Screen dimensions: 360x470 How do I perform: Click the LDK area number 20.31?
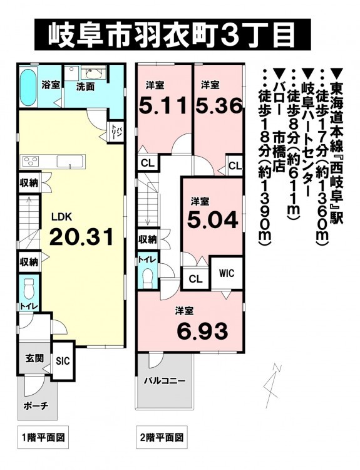click(81, 236)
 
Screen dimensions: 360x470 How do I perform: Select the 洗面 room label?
click(85, 87)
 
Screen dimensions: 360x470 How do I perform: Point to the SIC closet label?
click(63, 360)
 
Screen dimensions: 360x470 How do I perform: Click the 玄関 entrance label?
click(34, 358)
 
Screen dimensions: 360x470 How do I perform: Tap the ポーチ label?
click(36, 406)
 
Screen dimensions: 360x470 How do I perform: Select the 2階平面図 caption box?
click(162, 437)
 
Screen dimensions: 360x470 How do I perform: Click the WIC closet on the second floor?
click(227, 273)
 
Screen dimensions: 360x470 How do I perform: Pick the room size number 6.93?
click(202, 332)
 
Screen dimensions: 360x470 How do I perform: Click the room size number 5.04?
click(213, 219)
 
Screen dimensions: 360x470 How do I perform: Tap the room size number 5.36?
click(219, 105)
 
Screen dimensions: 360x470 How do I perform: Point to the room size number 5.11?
click(165, 105)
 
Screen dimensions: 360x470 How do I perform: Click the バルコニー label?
click(165, 381)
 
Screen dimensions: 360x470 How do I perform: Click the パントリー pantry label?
click(115, 132)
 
